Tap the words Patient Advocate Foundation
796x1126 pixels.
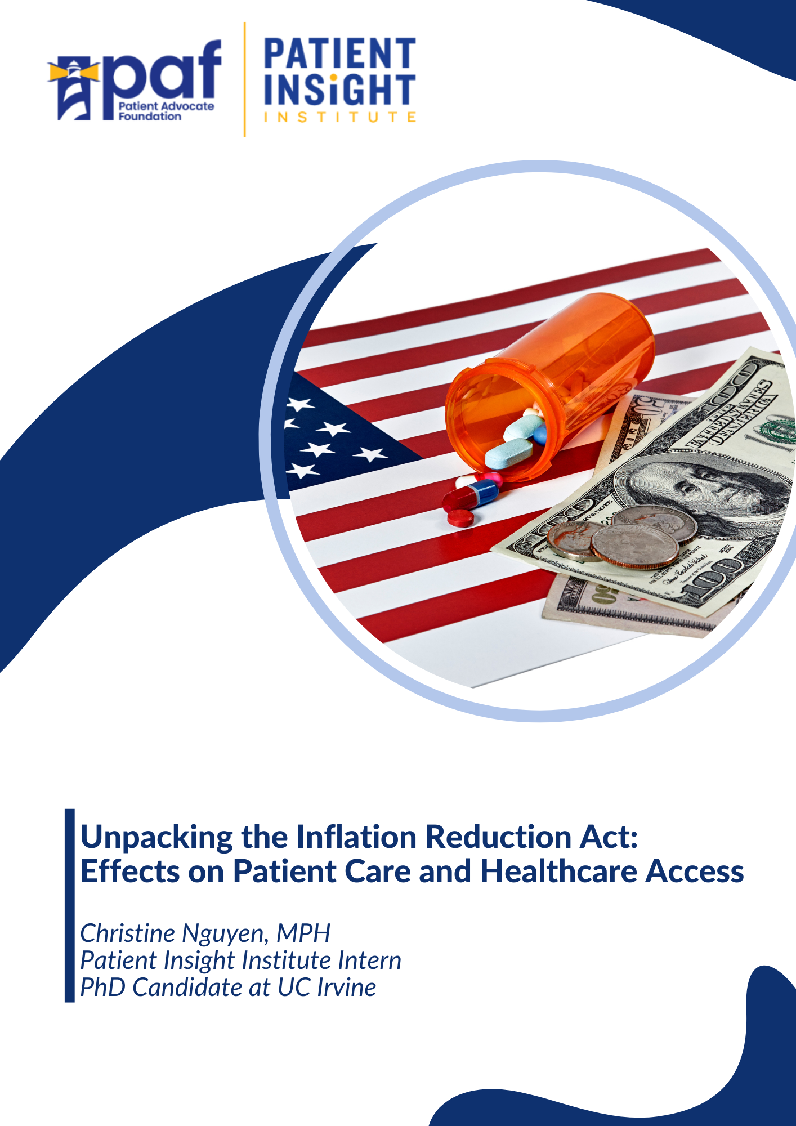click(166, 111)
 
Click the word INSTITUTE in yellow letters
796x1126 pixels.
click(339, 117)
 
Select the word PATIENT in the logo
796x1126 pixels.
click(339, 53)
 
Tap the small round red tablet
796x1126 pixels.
click(460, 517)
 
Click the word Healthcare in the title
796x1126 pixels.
click(558, 872)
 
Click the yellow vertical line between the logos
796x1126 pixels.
click(244, 79)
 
